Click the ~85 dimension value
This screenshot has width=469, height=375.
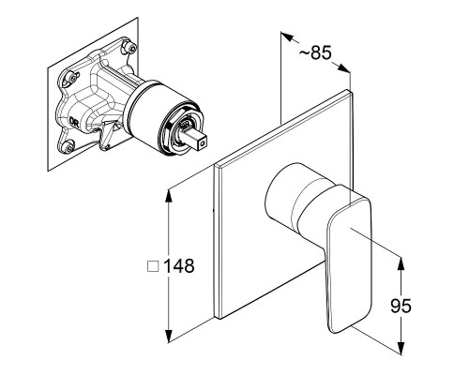coord(315,52)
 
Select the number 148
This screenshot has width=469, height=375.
coord(179,266)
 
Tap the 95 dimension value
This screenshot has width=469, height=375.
coord(401,306)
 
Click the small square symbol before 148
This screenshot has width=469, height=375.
coord(153,266)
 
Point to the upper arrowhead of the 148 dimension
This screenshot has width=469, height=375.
coord(169,196)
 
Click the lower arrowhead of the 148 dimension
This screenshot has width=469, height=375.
coord(169,335)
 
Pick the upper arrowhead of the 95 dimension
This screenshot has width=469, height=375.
coord(401,264)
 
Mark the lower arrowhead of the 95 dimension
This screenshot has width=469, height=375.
coord(401,348)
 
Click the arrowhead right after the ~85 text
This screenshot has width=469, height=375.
coord(343,67)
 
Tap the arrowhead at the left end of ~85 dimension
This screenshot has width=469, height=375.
coord(287,37)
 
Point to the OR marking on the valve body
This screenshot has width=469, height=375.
coord(74,122)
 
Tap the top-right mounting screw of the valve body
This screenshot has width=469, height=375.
coord(130,47)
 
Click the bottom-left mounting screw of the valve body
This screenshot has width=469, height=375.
coord(68,145)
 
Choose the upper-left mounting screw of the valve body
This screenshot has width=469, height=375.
coord(72,77)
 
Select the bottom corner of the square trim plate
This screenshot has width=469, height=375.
coord(219,319)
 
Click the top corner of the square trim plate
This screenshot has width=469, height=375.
coord(348,90)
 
